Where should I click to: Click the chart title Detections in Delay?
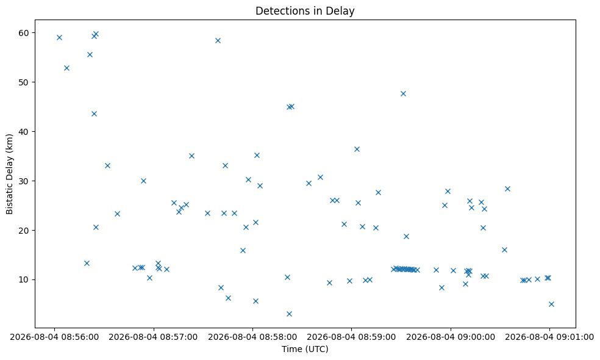305,11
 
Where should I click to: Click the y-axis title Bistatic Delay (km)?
10,174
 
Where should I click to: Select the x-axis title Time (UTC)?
305,349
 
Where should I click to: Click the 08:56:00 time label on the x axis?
54,337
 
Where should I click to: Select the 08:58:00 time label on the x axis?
252,337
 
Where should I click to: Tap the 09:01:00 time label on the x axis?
549,337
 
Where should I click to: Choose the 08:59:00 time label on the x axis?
351,337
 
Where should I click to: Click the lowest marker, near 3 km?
289,314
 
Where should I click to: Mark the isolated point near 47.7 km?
403,93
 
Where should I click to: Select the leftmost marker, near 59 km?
59,38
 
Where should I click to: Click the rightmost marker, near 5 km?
551,304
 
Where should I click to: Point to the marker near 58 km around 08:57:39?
218,41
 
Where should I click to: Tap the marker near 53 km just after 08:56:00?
66,68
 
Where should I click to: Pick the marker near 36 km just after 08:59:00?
357,149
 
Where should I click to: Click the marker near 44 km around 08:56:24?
94,113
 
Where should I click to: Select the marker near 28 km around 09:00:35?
507,189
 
